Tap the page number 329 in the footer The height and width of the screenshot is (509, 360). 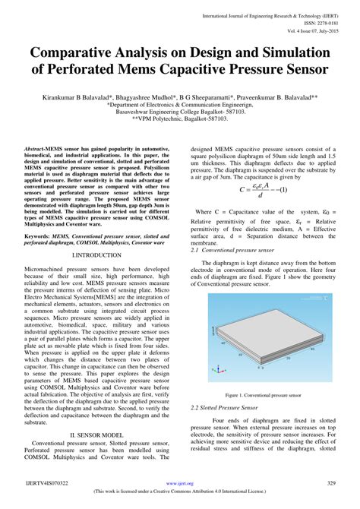pos(331,482)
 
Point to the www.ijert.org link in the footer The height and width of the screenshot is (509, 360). pos(180,482)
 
